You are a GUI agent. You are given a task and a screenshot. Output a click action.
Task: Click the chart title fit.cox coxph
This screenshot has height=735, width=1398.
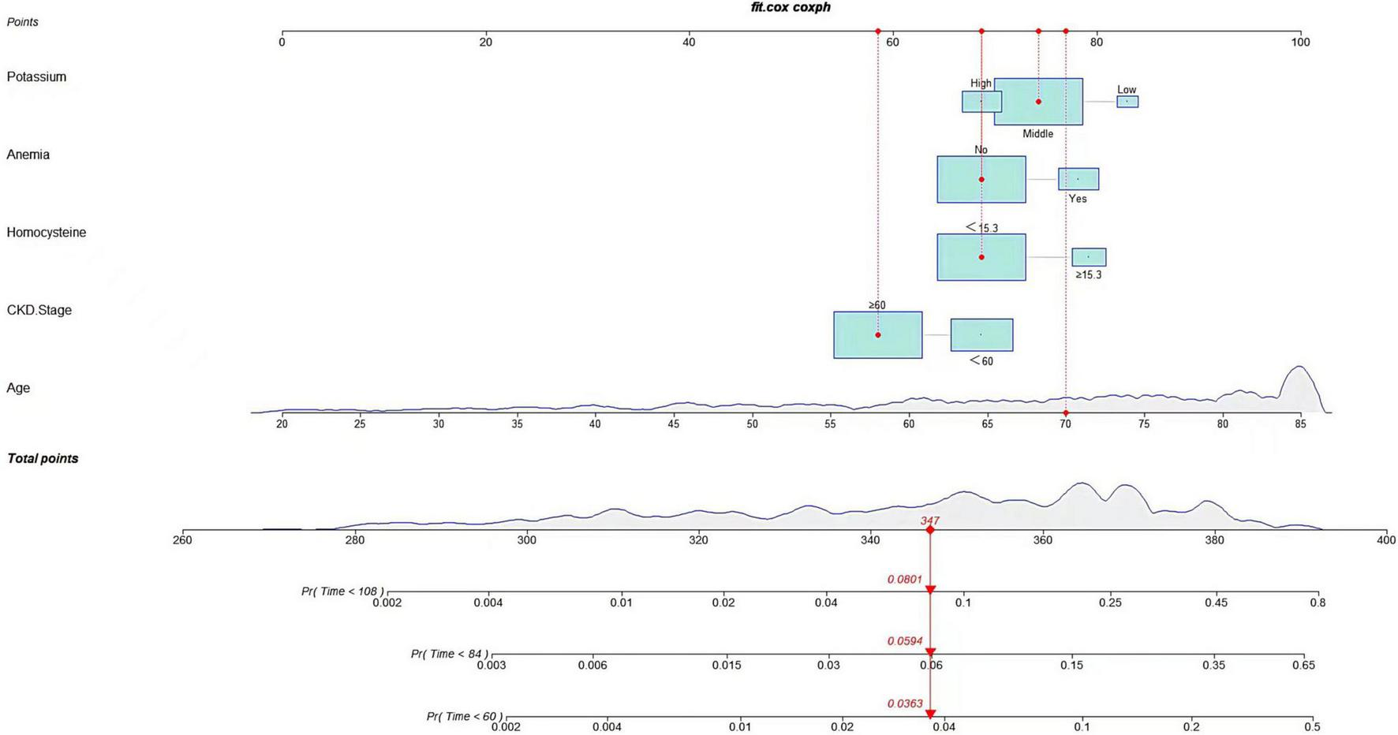790,7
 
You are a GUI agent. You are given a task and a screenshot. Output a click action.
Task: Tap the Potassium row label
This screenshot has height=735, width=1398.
36,76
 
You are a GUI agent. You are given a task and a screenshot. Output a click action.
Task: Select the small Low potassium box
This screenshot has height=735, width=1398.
1127,101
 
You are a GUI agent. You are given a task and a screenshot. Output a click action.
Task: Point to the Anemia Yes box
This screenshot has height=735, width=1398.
1078,179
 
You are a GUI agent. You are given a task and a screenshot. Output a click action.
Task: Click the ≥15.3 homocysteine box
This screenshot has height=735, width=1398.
1088,257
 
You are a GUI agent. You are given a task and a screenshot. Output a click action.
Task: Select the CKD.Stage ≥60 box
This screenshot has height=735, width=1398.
877,335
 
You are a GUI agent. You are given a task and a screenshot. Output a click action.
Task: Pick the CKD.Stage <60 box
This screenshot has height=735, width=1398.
981,335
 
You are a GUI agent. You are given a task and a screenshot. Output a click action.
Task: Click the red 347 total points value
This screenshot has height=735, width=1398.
929,520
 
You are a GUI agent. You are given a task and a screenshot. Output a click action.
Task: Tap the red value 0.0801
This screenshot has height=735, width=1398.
904,579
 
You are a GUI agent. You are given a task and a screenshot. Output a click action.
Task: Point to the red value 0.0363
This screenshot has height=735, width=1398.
904,703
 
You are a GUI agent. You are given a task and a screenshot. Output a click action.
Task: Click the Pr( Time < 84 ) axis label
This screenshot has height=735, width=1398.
449,654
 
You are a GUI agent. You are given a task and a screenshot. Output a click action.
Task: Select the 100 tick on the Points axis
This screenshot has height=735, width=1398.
1300,42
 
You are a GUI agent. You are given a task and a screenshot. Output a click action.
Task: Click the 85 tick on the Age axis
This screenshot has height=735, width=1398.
1300,423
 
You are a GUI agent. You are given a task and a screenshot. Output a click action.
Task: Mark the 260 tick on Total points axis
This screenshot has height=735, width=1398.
182,540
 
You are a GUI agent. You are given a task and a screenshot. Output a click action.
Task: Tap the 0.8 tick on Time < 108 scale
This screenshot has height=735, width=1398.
1318,603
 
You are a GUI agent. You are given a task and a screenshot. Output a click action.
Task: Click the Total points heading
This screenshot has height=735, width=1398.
43,458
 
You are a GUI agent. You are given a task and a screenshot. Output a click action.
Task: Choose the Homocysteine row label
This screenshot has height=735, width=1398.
46,232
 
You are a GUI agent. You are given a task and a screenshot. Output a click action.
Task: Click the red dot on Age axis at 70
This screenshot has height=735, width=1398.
1065,413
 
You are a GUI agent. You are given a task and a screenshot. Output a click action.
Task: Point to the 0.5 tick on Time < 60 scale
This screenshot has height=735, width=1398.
1311,727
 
